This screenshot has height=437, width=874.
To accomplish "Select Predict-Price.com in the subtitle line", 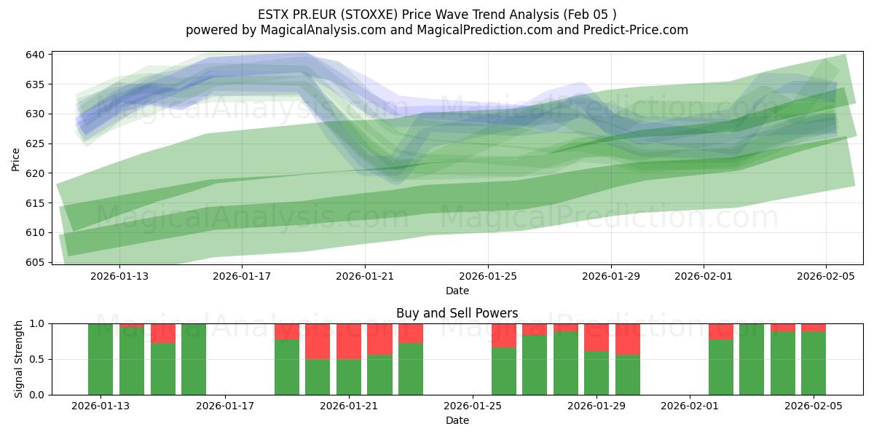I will [632, 30].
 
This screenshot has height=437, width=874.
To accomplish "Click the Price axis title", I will [16, 158].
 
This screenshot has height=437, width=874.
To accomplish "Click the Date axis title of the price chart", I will [457, 291].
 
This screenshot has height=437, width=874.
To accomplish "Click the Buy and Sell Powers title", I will [457, 313].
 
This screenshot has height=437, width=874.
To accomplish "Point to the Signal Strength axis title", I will [19, 359].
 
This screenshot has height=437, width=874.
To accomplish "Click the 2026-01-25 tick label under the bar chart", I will [473, 406].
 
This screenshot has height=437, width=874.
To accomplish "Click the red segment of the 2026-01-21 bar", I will [349, 341].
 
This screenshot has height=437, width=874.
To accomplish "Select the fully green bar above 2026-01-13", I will [101, 359].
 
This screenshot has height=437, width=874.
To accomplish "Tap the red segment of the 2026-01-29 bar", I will [597, 337].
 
